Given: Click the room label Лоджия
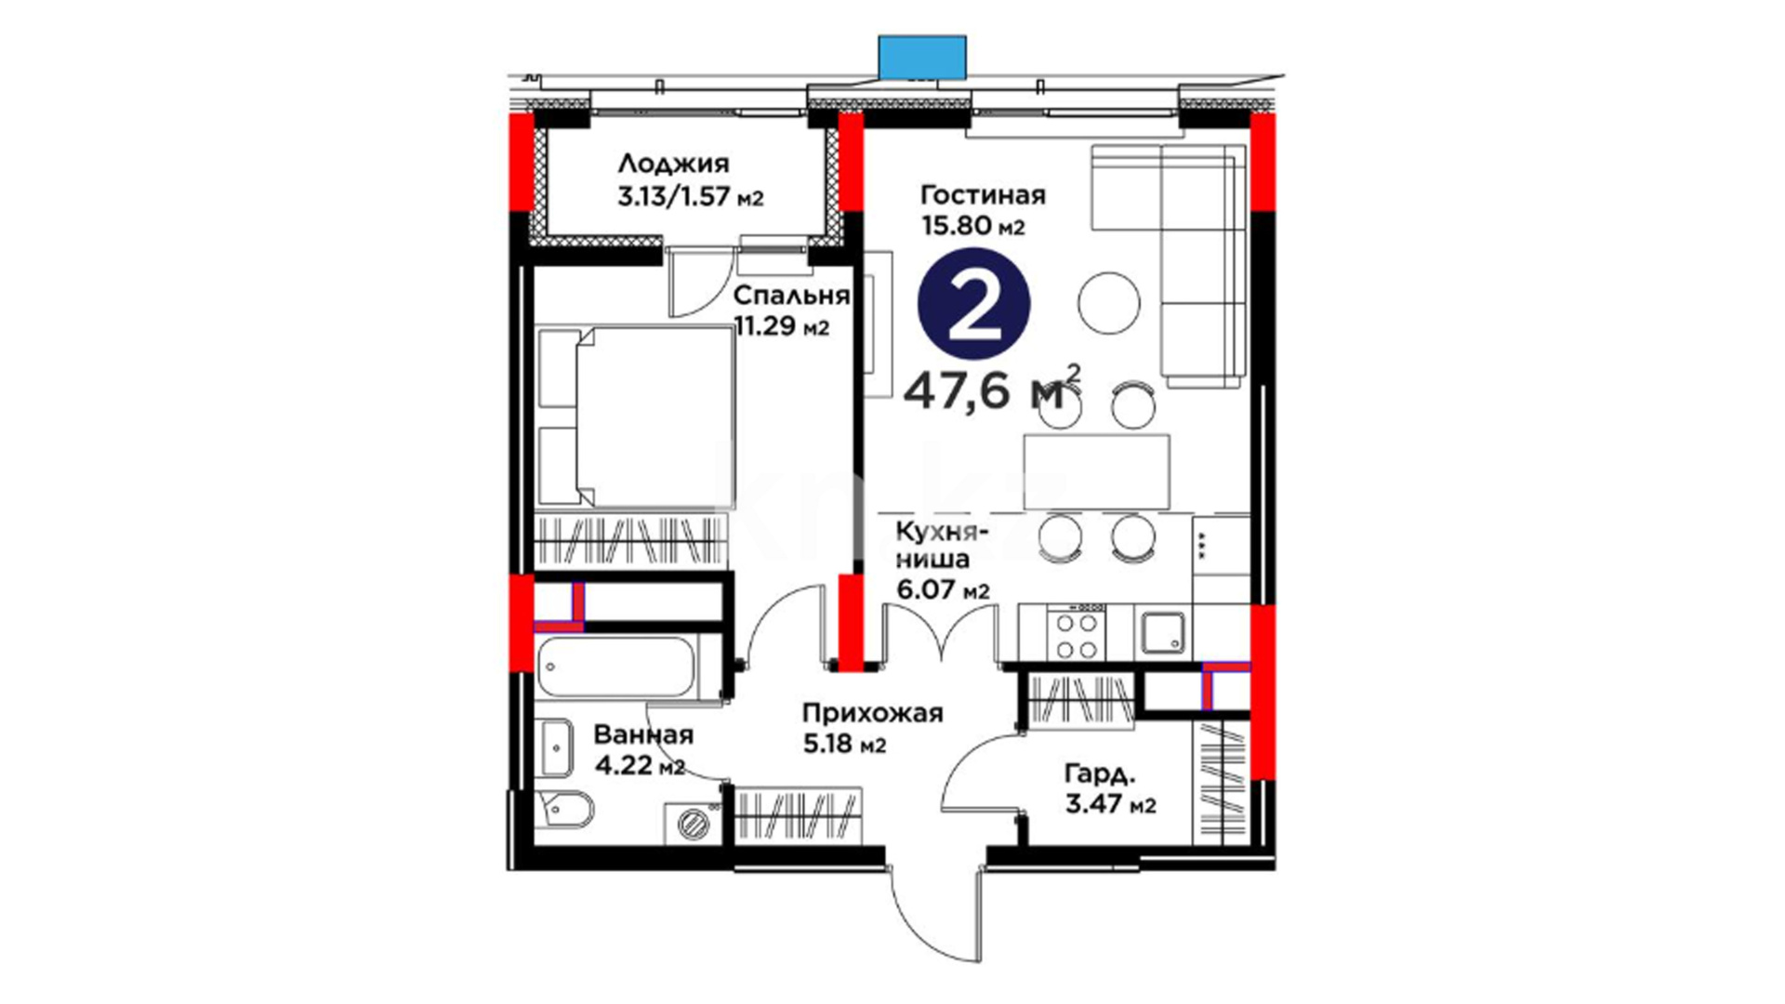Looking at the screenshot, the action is tap(673, 164).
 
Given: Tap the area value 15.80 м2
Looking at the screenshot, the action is tap(973, 226).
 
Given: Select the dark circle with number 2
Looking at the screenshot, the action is tap(973, 304).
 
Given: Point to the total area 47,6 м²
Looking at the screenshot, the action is tap(992, 389).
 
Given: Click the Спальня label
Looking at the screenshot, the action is tap(791, 296).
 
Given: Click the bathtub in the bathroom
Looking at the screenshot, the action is tap(615, 667).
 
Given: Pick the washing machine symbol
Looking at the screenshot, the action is tap(693, 824).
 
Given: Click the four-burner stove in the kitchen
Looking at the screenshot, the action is tap(1077, 631).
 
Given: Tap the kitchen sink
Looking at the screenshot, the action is tap(1162, 633).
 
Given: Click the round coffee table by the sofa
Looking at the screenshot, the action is tap(1108, 302).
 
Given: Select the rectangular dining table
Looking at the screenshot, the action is tap(1096, 471).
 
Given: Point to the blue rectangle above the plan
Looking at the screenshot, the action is tap(923, 57).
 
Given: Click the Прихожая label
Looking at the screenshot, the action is tap(872, 714).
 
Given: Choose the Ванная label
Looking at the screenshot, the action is tap(643, 735).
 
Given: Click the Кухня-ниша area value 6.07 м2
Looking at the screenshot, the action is tap(943, 590).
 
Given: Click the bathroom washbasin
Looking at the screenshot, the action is tap(555, 747).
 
